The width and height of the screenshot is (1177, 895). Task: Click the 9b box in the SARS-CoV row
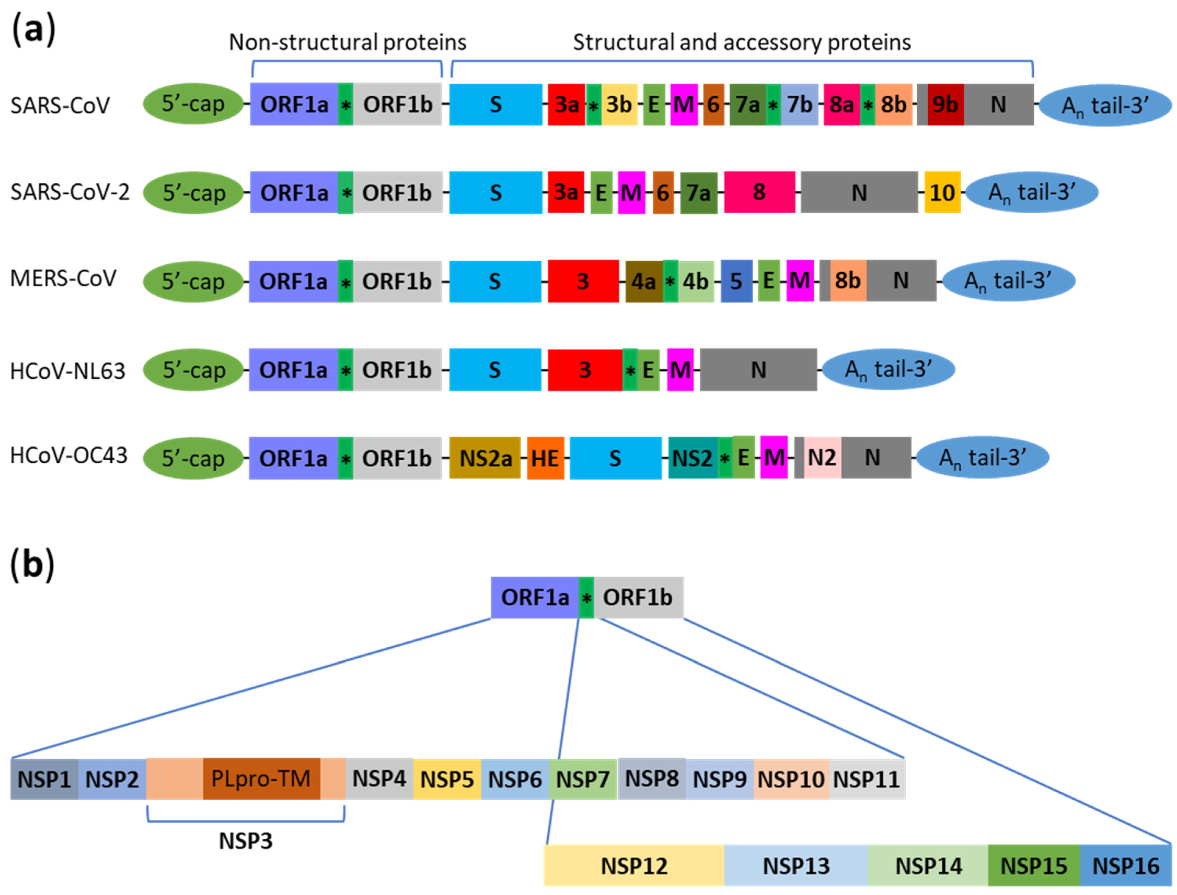pos(945,104)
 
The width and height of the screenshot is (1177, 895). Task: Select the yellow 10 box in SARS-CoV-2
pos(942,192)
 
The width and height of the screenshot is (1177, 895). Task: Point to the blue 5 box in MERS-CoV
pos(736,281)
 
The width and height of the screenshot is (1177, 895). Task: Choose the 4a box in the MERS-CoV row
pos(644,281)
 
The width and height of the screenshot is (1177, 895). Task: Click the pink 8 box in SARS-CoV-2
pos(759,192)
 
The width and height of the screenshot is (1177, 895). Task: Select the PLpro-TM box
pos(261,779)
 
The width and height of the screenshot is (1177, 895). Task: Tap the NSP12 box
pos(634,866)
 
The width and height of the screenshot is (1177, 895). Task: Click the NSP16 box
pos(1125,866)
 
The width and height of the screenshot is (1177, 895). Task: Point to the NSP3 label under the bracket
pos(246,841)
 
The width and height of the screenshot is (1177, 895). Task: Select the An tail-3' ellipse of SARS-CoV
pos(1105,105)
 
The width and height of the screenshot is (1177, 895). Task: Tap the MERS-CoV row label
pos(63,279)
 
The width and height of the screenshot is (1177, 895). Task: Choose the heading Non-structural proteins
pos(347,43)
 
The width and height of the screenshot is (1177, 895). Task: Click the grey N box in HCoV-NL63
pos(758,370)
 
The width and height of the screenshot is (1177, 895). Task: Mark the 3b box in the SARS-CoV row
pos(619,104)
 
